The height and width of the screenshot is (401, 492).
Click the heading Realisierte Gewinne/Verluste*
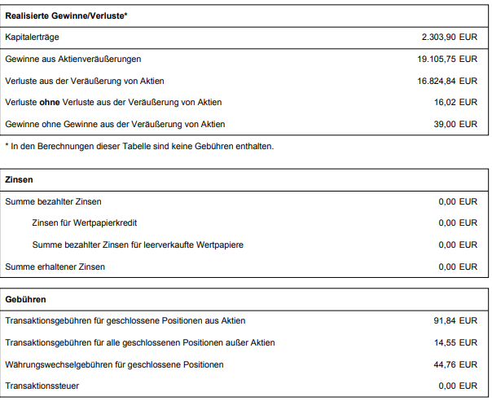66,15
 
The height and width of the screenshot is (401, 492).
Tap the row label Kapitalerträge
32,37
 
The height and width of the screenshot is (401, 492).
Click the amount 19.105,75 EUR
447,59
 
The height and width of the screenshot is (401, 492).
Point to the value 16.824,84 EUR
447,81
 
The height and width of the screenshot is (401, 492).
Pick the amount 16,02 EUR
456,103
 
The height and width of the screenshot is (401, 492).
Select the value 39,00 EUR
456,124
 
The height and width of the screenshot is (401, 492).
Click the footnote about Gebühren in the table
139,146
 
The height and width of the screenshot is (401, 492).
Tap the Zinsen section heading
19,179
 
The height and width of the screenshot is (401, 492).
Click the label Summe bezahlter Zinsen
54,201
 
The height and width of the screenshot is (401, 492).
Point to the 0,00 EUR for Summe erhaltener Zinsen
458,267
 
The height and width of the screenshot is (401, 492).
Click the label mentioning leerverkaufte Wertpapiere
138,245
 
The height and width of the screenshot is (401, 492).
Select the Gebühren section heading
25,300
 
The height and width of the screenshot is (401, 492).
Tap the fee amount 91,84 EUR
455,320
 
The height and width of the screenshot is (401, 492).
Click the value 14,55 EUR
455,342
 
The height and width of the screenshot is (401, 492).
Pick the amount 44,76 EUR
455,364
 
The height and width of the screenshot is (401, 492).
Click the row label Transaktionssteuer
42,386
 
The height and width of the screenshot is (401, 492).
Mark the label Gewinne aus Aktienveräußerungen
73,59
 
